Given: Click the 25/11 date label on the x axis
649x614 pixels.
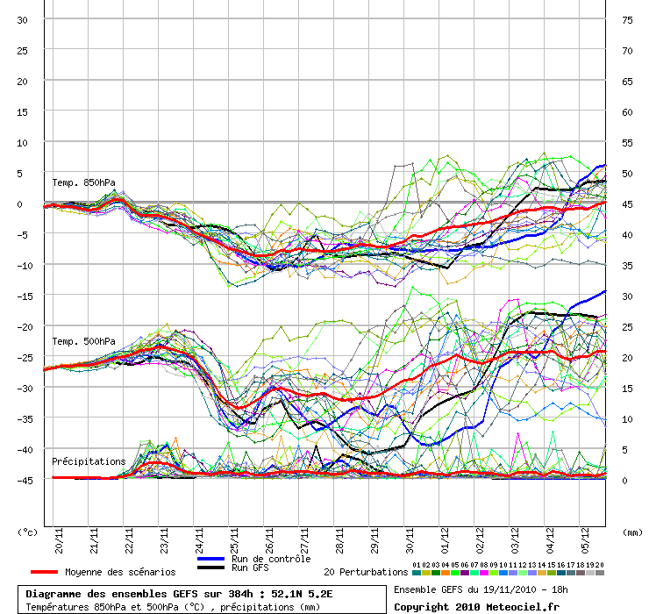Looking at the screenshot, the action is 234,540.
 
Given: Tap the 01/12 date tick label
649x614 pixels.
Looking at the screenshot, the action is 445,540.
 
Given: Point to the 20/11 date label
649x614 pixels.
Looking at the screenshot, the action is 59,540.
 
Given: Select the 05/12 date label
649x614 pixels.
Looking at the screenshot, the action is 585,540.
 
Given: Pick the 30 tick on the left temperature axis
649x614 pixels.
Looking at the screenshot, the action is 22,20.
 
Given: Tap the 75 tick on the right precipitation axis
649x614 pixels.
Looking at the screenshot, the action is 627,20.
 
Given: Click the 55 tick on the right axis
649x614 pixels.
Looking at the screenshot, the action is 627,143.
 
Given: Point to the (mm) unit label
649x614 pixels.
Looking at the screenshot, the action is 632,532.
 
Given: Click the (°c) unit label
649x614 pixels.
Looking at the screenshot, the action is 27,532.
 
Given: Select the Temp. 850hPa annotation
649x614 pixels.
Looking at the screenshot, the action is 83,182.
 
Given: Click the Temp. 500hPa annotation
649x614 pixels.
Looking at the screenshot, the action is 83,341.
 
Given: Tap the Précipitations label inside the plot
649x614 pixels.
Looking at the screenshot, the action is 89,461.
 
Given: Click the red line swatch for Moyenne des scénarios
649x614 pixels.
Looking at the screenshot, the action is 44,572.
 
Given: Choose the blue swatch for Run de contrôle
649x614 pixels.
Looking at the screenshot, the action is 210,559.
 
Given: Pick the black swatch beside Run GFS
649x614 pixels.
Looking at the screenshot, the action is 210,568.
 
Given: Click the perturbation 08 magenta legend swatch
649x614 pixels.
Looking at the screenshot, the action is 484,573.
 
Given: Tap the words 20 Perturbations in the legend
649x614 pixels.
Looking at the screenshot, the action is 366,572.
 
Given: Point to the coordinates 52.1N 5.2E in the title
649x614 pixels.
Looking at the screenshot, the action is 302,594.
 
